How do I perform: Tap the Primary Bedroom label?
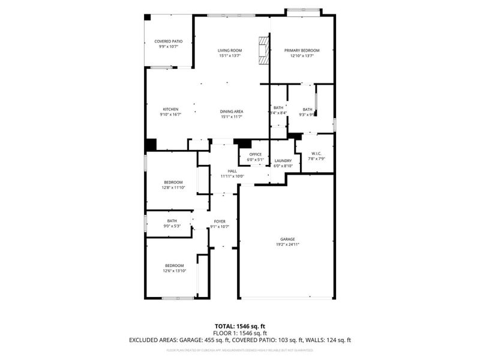pos(302,50)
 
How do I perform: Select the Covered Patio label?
pos(169,41)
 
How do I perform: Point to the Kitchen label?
pos(154,109)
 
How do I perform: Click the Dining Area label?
pos(231,112)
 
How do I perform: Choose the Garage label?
pos(287,239)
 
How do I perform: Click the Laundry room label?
pos(283,161)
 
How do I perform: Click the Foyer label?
pos(220,221)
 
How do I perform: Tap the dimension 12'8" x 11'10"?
pos(173,187)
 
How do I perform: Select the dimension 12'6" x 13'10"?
pos(175,271)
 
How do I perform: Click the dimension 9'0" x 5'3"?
pos(172,226)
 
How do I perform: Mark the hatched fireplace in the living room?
pos(263,50)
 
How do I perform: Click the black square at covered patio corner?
pos(148,18)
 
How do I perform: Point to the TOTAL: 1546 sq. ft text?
pos(240,326)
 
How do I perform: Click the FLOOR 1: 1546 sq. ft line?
pos(240,333)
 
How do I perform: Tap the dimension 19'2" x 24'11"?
pos(287,244)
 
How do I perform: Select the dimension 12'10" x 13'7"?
pos(302,56)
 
